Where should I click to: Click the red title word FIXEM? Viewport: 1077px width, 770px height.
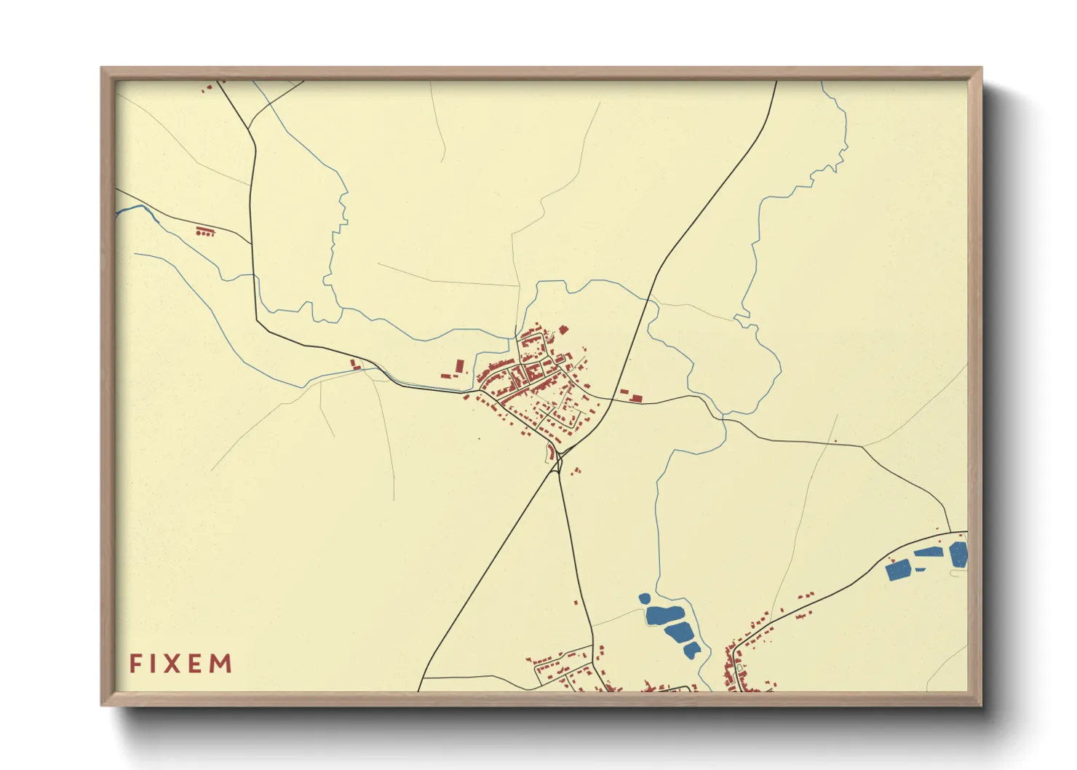coord(180,664)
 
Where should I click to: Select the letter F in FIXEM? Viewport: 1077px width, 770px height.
coord(135,664)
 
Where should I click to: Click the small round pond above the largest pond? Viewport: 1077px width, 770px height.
coord(644,599)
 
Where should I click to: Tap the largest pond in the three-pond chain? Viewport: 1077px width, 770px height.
coord(664,616)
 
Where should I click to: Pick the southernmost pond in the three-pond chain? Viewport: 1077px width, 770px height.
coord(692,649)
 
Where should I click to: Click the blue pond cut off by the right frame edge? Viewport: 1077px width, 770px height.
coord(959,555)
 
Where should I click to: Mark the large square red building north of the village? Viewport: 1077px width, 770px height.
coord(563,330)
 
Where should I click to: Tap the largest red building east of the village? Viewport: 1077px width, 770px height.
coord(636,397)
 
